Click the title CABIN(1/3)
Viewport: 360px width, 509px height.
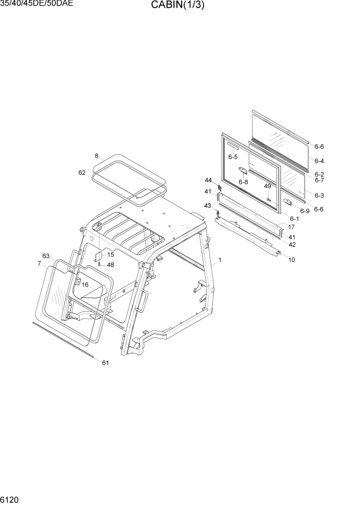(178, 6)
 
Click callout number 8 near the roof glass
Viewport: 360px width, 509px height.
(96, 155)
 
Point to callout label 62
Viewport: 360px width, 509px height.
(82, 173)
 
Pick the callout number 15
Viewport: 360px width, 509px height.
(110, 255)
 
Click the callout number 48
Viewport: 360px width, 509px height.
(110, 265)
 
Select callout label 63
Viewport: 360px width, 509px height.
(46, 256)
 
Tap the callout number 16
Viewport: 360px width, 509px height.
(85, 284)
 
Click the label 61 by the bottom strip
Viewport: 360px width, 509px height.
(105, 363)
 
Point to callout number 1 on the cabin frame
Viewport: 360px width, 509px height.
(219, 260)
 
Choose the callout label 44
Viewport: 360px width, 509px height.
(208, 180)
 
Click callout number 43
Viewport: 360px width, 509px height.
(208, 206)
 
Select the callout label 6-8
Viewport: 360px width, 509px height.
(243, 182)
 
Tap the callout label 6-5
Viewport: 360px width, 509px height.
(233, 156)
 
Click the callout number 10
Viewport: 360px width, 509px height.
(291, 260)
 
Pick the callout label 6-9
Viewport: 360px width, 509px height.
(305, 211)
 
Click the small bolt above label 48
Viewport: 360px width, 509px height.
(99, 264)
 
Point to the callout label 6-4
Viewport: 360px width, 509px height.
(319, 161)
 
